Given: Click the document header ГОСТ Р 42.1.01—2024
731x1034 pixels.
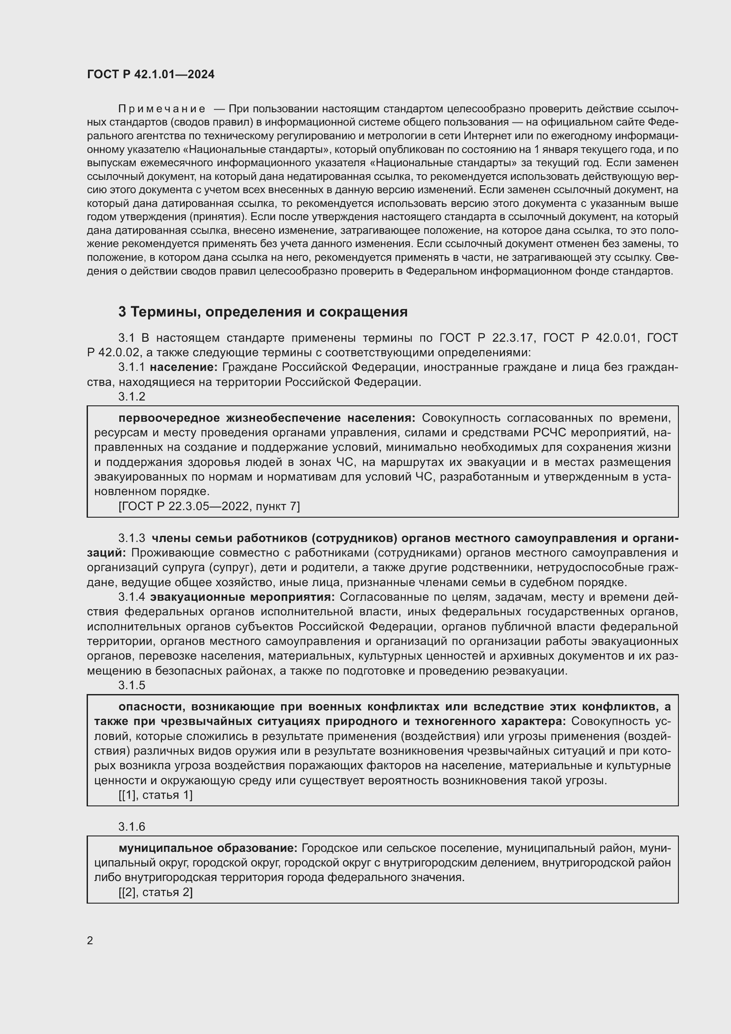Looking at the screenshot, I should [151, 75].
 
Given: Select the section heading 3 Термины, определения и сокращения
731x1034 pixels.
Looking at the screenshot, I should [263, 312].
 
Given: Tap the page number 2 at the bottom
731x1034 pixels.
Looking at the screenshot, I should [90, 940].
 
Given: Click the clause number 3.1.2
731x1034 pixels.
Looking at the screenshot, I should [132, 396].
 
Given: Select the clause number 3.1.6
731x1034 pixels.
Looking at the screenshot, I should [132, 826].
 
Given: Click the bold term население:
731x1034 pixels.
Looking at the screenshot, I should [184, 367].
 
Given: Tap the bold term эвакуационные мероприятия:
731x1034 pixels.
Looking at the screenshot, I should [243, 597].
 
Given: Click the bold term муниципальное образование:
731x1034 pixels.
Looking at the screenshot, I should [208, 848].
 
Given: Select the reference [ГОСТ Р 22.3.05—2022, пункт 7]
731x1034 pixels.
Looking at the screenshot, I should [209, 506].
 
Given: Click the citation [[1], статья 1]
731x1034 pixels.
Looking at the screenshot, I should [155, 795].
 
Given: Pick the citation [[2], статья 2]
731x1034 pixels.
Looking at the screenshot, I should [155, 892].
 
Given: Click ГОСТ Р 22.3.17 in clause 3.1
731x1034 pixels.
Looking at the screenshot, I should [486, 338].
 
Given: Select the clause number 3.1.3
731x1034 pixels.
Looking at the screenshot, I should [132, 538].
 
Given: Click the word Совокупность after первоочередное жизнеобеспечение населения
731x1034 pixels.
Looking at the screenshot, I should [458, 418].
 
